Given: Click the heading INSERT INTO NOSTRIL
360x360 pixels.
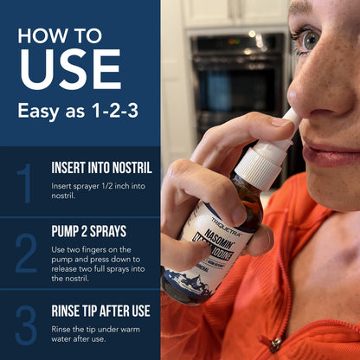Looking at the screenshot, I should click(101, 167).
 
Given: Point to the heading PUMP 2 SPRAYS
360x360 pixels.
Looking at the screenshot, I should click(89, 231).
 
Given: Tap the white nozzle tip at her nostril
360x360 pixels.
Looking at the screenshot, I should click(292, 115).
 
